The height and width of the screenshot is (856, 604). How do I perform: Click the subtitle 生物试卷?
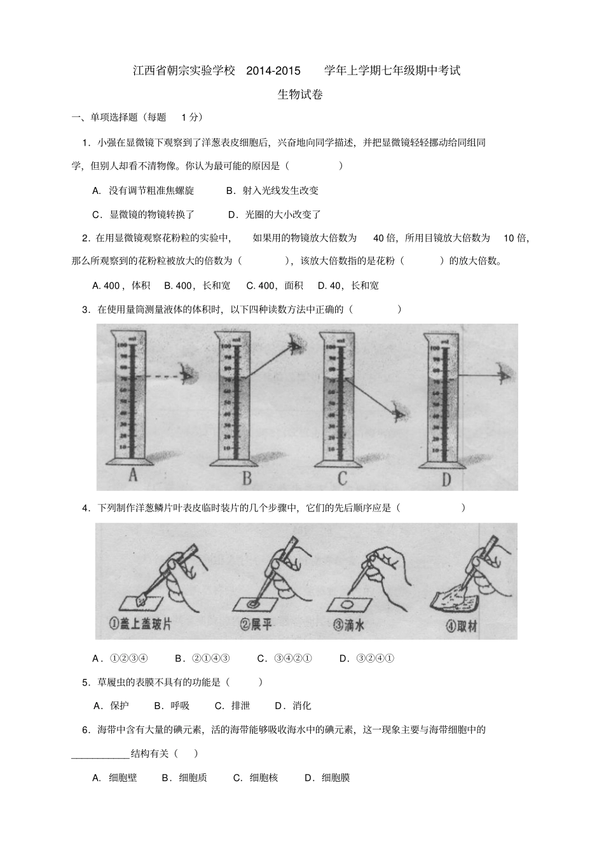(300, 95)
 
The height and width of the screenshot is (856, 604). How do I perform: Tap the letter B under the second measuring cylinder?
(247, 478)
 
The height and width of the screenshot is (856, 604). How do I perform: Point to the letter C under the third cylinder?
(342, 478)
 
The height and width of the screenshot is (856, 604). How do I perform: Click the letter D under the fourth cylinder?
(446, 479)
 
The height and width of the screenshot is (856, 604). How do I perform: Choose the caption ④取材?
(462, 626)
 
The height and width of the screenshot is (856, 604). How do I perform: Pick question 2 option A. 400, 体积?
(121, 286)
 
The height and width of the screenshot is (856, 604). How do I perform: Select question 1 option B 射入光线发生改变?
(272, 190)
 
